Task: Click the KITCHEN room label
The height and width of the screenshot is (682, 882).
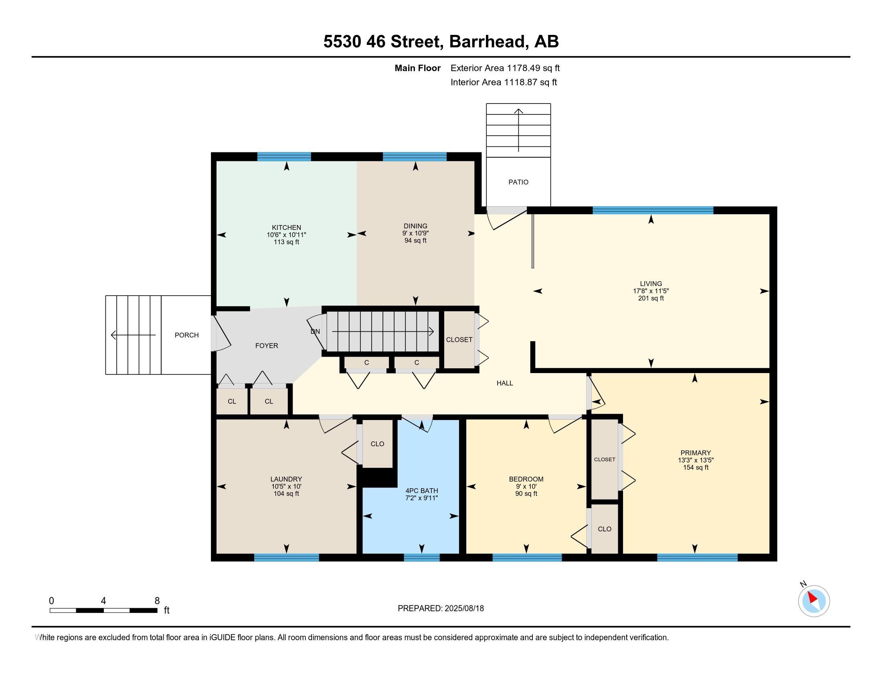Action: [286, 227]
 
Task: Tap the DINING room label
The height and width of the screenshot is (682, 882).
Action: [416, 226]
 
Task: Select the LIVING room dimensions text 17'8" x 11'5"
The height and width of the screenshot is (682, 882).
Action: [651, 291]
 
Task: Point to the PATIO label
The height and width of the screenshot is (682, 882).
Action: [518, 182]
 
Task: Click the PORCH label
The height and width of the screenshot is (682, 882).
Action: [186, 335]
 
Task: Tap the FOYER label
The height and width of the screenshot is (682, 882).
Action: [267, 345]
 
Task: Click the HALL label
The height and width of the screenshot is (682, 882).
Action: [505, 383]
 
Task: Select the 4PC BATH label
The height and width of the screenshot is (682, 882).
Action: [422, 491]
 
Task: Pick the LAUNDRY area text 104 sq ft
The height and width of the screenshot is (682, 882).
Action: [286, 494]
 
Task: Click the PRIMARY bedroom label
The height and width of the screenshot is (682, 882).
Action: [696, 453]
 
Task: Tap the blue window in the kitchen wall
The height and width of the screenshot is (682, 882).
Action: [284, 157]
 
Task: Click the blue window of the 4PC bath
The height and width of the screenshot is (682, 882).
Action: [422, 558]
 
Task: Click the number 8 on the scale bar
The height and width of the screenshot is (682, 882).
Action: [157, 601]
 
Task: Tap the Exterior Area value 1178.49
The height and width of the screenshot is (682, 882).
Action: [523, 68]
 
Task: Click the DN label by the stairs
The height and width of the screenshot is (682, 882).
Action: [316, 331]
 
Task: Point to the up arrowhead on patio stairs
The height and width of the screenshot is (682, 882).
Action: [518, 111]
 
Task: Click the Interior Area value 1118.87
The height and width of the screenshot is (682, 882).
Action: [520, 82]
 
